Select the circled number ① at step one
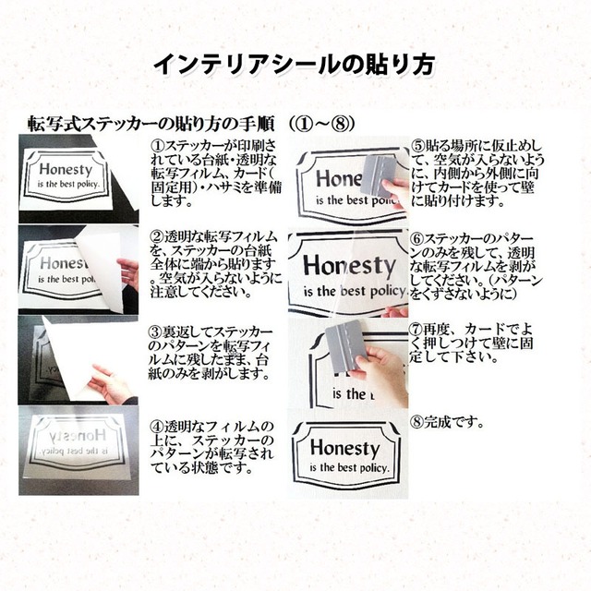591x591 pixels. coord(156,145)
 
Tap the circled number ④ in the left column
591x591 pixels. coord(156,426)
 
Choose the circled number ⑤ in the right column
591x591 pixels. coord(416,145)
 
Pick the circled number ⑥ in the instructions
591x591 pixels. coord(416,239)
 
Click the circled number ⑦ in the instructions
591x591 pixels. coord(416,328)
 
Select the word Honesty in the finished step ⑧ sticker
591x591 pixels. coord(344,450)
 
